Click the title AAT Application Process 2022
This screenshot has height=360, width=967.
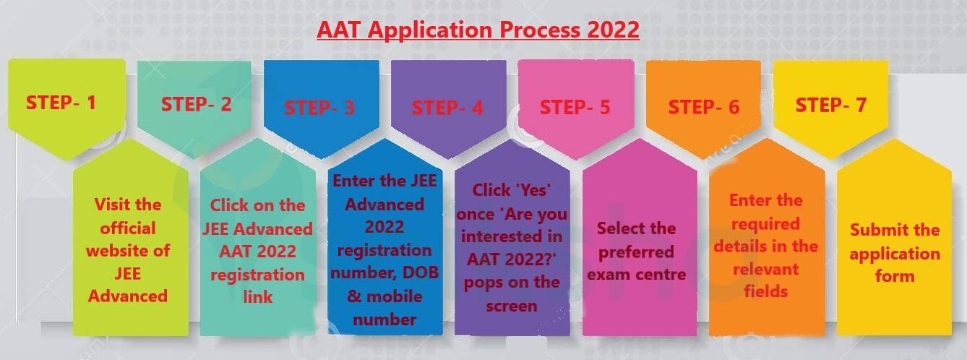pos(478,30)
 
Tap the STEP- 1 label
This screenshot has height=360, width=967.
pos(61,103)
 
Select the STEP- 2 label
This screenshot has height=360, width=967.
pos(197,104)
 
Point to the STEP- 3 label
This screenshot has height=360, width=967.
pos(319,108)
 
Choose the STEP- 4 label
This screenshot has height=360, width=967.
pos(447,108)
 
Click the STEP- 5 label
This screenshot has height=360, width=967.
pos(575,107)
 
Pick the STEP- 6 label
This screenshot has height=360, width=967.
pos(704,107)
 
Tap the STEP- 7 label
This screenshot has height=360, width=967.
pos(831,105)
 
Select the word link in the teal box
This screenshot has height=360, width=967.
pos(258,296)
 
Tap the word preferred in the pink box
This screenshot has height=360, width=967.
pos(636,252)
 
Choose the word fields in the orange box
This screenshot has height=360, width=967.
pos(766,291)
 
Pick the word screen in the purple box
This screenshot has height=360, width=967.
pos(512,306)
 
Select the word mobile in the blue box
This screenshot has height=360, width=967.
pos(394,296)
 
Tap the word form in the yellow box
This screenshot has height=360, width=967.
pos(895,276)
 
